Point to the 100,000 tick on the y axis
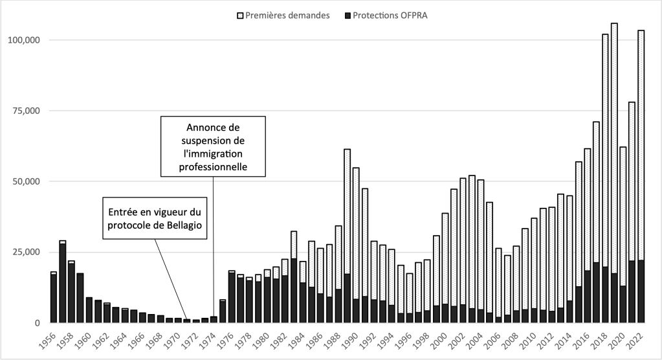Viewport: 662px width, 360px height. coord(23,40)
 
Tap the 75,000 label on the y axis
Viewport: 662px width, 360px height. coord(25,111)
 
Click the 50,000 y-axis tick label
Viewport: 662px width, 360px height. coord(25,181)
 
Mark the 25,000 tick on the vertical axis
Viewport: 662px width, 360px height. coord(25,252)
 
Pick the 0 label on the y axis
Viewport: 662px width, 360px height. coord(37,322)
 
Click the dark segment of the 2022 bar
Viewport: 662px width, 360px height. coord(641,291)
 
